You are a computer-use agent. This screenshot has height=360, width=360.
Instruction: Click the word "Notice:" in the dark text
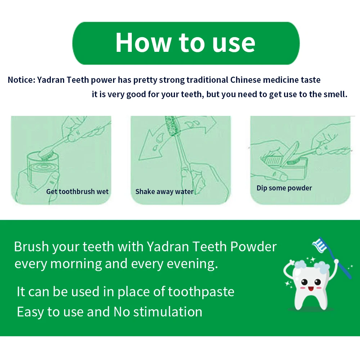coord(21,80)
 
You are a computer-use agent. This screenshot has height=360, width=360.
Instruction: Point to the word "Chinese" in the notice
coord(246,80)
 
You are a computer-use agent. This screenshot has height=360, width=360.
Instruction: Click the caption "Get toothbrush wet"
coord(77,192)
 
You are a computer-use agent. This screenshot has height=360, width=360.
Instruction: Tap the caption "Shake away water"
coord(165,192)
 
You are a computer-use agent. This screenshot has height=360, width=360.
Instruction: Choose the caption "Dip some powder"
coord(284,188)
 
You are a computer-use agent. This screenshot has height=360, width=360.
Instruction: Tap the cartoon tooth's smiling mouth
coord(311,288)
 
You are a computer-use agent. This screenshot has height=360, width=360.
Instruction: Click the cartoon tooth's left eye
coord(304,282)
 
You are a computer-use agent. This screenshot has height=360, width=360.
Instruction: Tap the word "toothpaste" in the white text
coord(201,292)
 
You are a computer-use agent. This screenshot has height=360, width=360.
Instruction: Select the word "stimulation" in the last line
coord(168,312)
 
